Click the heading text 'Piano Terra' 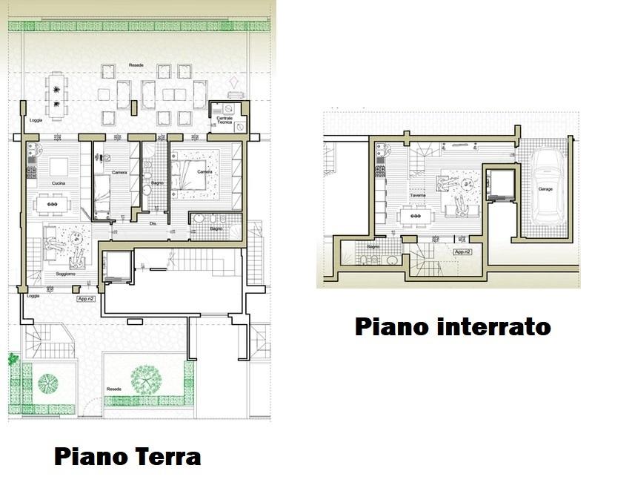pyautogui.click(x=127, y=455)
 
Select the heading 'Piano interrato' pyautogui.click(x=453, y=326)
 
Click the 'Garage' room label pyautogui.click(x=545, y=189)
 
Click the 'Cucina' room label pyautogui.click(x=59, y=182)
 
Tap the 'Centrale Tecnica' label pyautogui.click(x=224, y=121)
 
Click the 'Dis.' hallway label pyautogui.click(x=153, y=223)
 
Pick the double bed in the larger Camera pyautogui.click(x=193, y=174)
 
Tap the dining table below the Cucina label pyautogui.click(x=50, y=200)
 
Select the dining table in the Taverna pyautogui.click(x=415, y=216)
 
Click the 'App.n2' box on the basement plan pyautogui.click(x=463, y=252)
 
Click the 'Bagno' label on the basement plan pyautogui.click(x=373, y=246)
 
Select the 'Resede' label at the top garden pyautogui.click(x=136, y=65)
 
